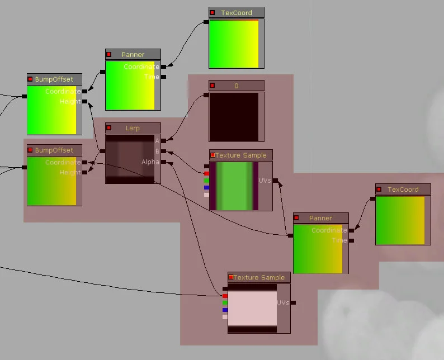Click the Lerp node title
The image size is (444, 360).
point(133,128)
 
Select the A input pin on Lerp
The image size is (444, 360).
point(163,141)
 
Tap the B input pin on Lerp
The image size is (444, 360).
point(163,151)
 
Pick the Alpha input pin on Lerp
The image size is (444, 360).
point(163,162)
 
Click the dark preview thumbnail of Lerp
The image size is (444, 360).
point(130,159)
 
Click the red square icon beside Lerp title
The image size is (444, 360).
point(109,128)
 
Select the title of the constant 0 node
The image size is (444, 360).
point(236,86)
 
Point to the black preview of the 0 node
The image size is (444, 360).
point(234,117)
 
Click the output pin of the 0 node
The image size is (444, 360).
point(206,95)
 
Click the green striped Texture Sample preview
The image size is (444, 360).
point(234,186)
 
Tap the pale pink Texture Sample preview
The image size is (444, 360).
point(253,308)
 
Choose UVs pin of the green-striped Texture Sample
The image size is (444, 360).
point(275,181)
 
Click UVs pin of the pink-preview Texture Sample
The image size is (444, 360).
point(293,302)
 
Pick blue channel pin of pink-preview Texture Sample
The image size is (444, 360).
point(225,310)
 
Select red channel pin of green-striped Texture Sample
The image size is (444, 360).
point(206,173)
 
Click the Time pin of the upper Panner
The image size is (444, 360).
point(163,77)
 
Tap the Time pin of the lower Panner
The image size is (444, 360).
point(351,240)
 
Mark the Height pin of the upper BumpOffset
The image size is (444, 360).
point(84,102)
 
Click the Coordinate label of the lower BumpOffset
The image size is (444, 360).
point(63,162)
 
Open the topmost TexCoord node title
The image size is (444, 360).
point(236,13)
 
